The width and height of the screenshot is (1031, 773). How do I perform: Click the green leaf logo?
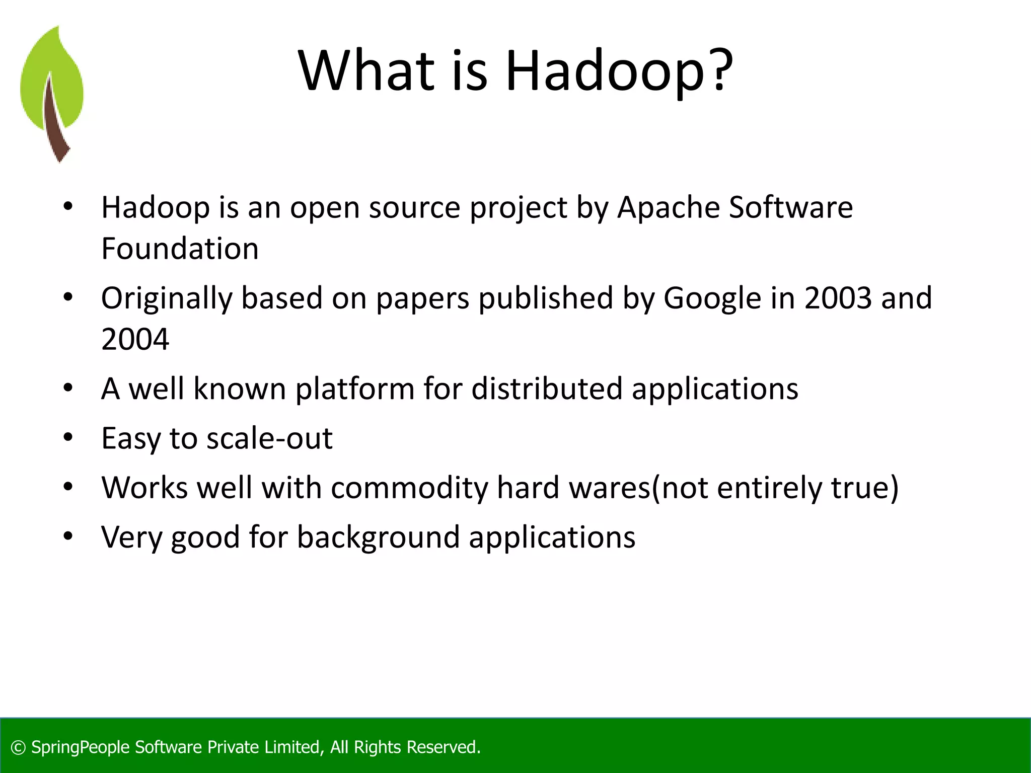pos(52,93)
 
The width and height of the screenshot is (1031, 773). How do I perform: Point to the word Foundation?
pos(180,249)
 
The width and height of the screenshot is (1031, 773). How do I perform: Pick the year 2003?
pos(838,298)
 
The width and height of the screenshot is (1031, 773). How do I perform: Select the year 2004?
pos(135,339)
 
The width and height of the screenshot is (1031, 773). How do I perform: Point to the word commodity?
pos(409,488)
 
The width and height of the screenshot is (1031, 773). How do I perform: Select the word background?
pos(378,537)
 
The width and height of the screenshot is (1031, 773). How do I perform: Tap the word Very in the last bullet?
pos(131,537)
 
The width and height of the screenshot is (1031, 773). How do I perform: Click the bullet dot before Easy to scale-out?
pos(68,438)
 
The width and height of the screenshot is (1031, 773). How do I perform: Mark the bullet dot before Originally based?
pos(68,297)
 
